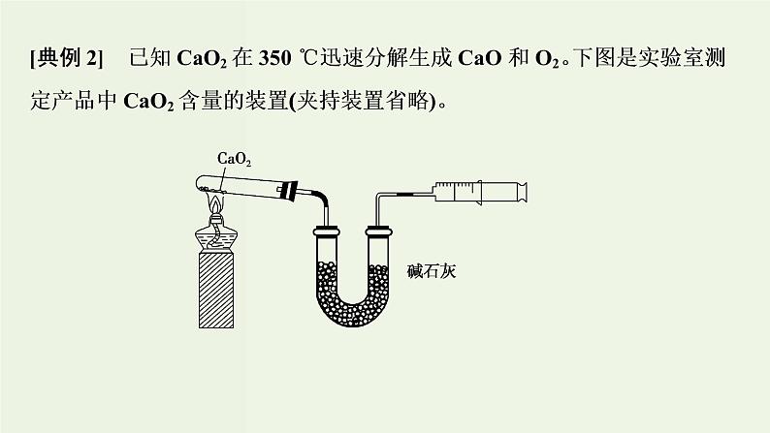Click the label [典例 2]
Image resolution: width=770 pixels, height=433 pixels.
(67, 58)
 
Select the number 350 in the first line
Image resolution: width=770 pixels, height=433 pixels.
(275, 58)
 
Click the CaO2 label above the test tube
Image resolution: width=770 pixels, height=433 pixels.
(235, 159)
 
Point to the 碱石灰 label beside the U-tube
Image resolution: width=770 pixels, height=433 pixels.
(432, 271)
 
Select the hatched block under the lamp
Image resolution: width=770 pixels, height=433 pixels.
(216, 291)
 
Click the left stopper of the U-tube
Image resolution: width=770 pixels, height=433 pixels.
(327, 231)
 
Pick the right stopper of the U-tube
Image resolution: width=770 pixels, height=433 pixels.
(378, 231)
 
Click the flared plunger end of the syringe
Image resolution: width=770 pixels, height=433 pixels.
(524, 192)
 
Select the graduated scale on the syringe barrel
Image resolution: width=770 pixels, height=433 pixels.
(455, 186)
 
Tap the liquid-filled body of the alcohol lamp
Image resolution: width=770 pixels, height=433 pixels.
(216, 239)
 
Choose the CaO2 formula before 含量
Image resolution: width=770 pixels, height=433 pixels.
(148, 102)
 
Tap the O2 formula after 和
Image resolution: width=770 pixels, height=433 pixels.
(547, 59)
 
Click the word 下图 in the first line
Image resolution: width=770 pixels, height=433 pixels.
(594, 58)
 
